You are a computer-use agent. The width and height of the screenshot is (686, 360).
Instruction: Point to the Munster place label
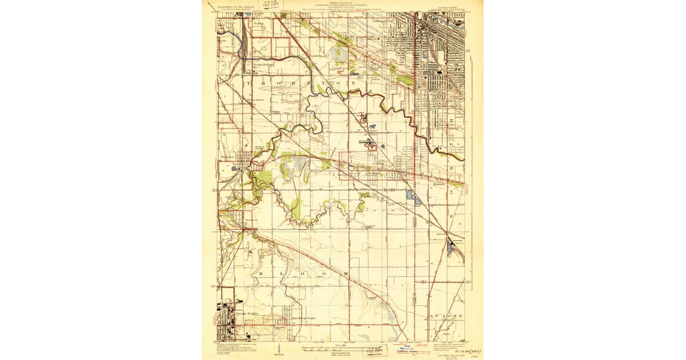click(438, 185)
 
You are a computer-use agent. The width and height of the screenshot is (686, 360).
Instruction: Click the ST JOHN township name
click(445, 315)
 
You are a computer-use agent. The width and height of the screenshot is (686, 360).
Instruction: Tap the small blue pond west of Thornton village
click(234, 169)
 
